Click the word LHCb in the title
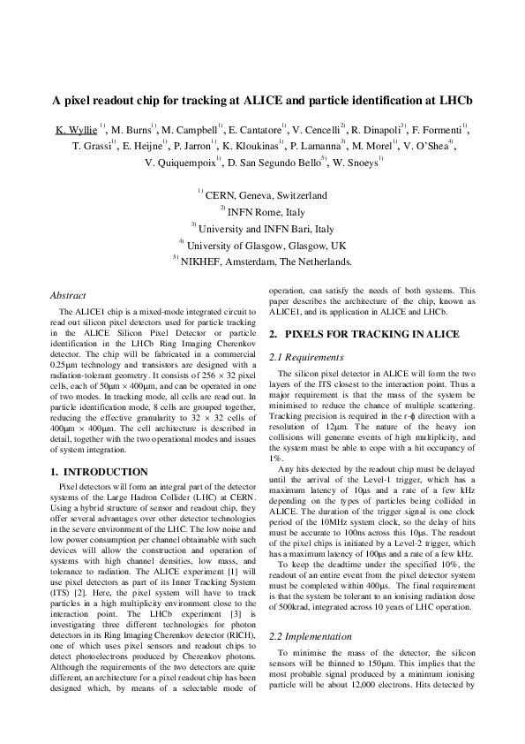tap(455, 100)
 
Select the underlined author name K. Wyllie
tap(76, 129)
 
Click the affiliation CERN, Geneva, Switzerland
tap(266, 195)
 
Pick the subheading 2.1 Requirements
tap(308, 357)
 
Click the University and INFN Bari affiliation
tap(267, 228)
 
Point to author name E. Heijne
tap(143, 146)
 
